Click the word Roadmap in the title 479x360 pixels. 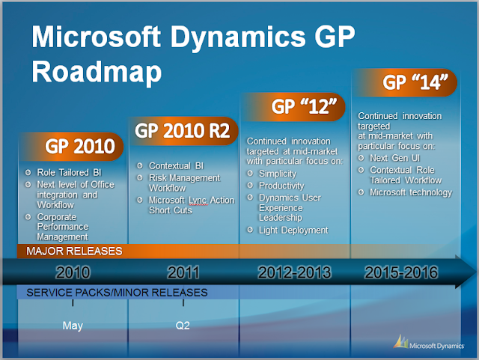point(97,72)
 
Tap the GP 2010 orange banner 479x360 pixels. point(72,147)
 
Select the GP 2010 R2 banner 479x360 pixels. point(183,131)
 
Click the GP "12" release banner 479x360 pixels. point(293,107)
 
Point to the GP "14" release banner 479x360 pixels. point(405,82)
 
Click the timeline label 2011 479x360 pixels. point(183,272)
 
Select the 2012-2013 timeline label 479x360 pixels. point(294,272)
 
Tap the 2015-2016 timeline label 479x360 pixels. point(401,272)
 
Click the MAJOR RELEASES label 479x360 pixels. point(74,251)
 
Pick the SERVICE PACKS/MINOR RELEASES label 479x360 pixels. point(117,293)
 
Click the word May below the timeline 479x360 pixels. point(73,326)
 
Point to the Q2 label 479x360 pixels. point(183,326)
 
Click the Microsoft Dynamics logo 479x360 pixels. point(429,343)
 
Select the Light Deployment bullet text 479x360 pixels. point(293,231)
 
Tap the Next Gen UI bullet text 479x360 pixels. point(394,158)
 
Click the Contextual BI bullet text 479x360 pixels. point(176,166)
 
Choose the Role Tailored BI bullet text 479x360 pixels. point(69,173)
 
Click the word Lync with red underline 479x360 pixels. point(198,201)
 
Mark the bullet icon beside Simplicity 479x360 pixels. point(250,174)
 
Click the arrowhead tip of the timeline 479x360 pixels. point(476,271)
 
